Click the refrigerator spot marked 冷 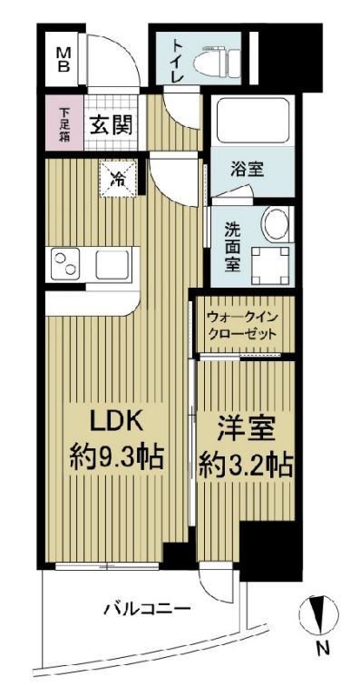tap(118, 176)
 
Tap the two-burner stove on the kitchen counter tap(67, 266)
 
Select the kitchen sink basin tap(112, 266)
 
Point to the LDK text tap(116, 424)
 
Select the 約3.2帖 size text tap(245, 466)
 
